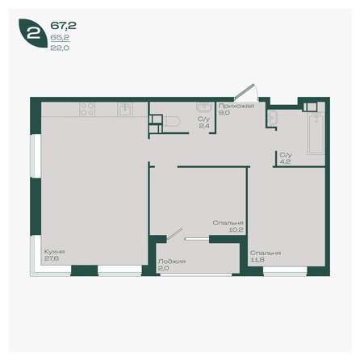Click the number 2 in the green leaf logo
click(x=31, y=35)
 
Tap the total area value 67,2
click(x=62, y=25)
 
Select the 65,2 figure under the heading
click(x=59, y=37)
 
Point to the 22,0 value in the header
click(x=59, y=48)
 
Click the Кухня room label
click(x=55, y=252)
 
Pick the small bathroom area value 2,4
click(x=204, y=127)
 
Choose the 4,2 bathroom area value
click(x=285, y=161)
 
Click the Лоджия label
click(x=173, y=262)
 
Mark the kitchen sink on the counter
click(x=125, y=109)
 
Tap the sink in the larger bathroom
click(x=274, y=119)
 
